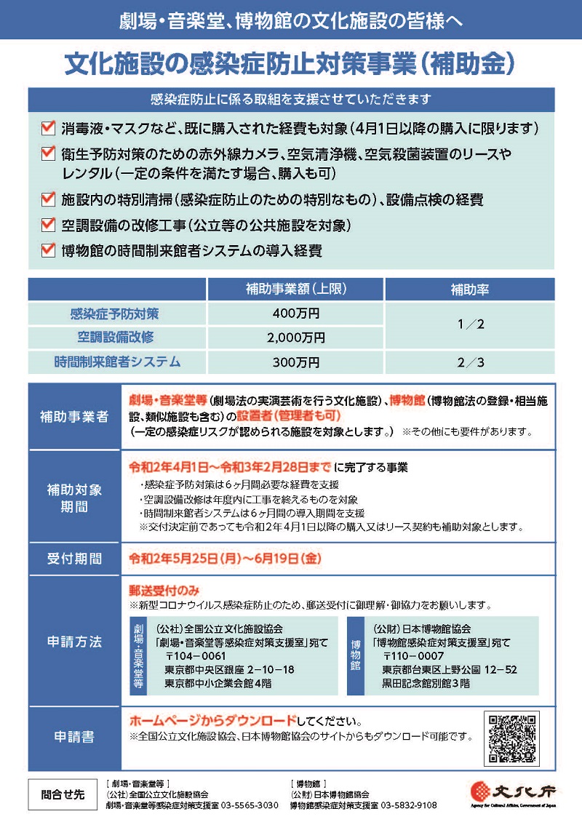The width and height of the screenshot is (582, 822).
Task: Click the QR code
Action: [513, 739]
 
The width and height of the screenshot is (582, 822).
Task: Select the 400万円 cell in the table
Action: [295, 314]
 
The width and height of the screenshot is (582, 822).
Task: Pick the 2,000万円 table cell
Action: [295, 338]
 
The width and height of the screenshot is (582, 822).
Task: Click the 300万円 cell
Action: [295, 362]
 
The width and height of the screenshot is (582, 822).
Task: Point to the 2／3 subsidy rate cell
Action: [469, 362]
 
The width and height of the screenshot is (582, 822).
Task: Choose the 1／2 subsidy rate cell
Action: [469, 325]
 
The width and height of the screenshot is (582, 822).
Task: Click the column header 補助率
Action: [469, 290]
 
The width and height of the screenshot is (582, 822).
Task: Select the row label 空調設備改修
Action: [116, 338]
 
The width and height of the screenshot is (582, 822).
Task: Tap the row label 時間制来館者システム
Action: [116, 362]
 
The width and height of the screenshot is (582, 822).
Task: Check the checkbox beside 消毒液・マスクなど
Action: [48, 129]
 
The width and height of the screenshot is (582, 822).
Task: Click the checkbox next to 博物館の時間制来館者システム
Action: [48, 250]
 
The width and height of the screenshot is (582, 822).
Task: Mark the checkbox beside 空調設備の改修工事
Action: [48, 224]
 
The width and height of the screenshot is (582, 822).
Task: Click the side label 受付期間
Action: [74, 559]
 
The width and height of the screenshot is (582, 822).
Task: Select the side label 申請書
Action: [74, 737]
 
